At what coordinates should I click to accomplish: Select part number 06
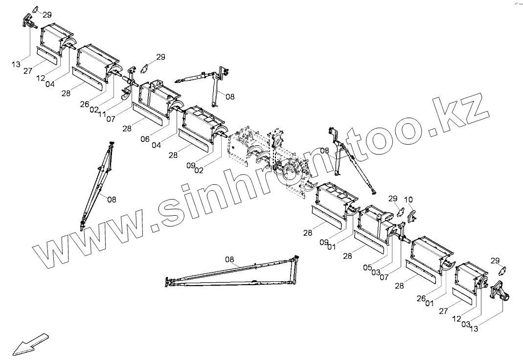(x=145, y=139)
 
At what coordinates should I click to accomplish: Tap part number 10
(x=409, y=199)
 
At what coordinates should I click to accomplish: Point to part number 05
(x=368, y=267)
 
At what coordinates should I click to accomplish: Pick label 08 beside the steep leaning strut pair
(x=112, y=200)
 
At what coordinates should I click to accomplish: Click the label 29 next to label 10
(x=393, y=199)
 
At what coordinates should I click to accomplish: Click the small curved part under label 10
(x=411, y=215)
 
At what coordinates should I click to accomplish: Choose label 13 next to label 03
(x=474, y=329)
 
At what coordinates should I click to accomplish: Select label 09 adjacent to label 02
(x=190, y=165)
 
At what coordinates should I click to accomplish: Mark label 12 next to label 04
(x=41, y=78)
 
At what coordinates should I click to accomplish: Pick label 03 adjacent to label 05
(x=376, y=272)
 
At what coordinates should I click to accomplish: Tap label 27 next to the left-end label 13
(x=27, y=71)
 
